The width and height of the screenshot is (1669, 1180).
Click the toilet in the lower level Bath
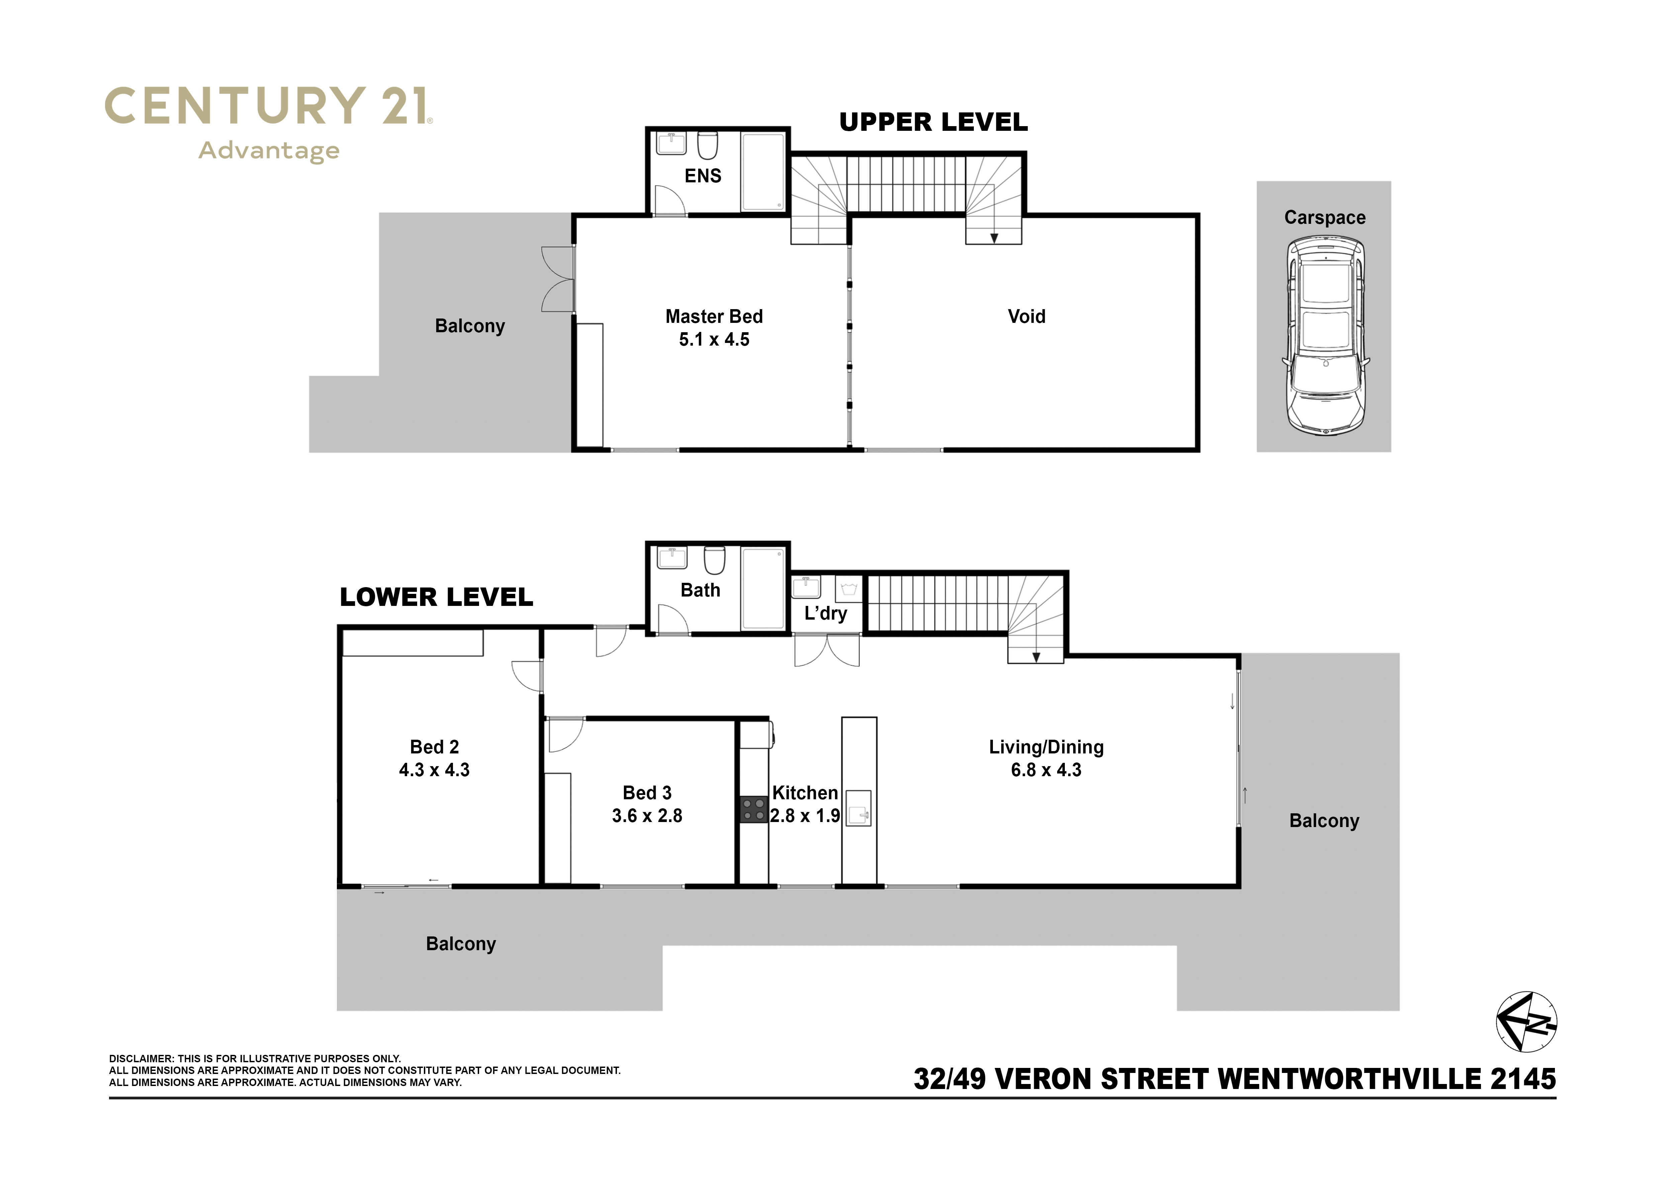[x=715, y=560]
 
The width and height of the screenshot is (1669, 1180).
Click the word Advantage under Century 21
[x=269, y=151]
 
